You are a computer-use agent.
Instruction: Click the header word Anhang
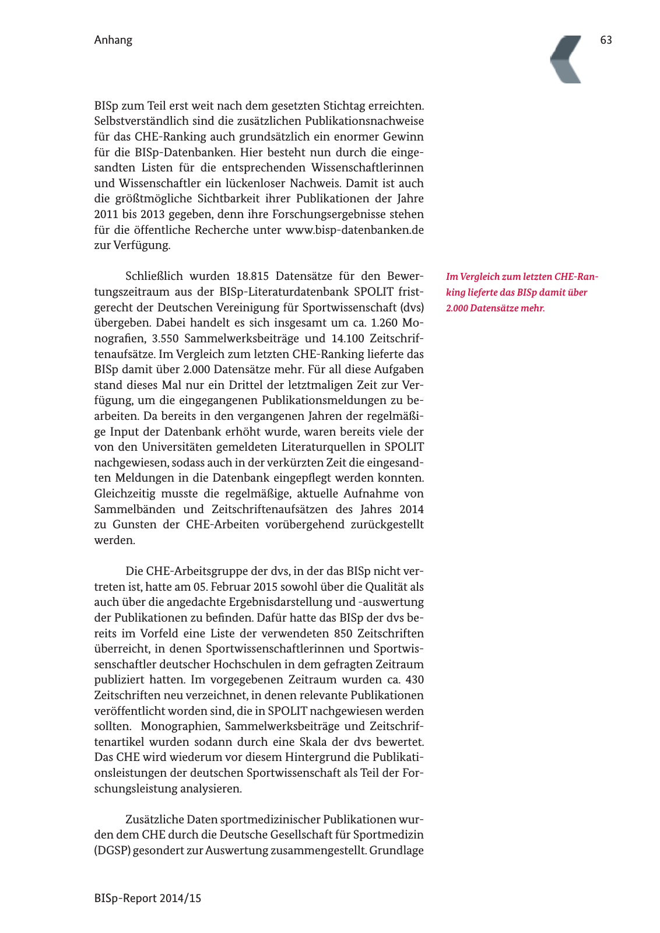[113, 40]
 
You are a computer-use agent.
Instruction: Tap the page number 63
[606, 40]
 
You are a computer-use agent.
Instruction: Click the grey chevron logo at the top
[566, 59]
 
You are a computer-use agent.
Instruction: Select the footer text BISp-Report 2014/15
[148, 898]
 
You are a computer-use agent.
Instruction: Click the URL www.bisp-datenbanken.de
[354, 230]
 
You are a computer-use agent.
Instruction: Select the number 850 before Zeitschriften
[343, 633]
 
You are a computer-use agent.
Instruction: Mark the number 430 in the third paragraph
[414, 680]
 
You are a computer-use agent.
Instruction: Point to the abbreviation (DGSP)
[112, 850]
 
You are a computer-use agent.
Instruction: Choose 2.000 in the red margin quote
[457, 308]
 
